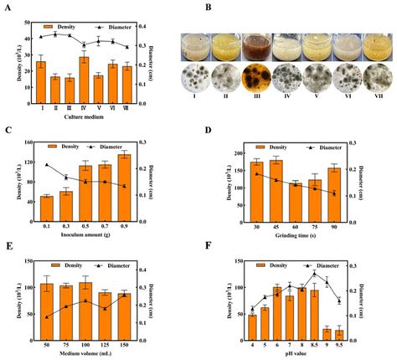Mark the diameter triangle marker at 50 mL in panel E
pyautogui.click(x=47, y=316)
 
